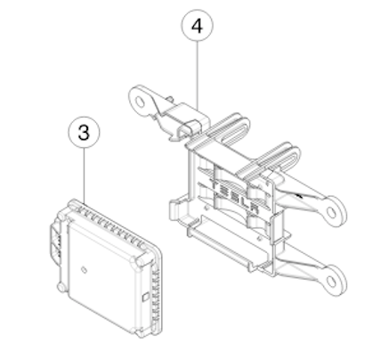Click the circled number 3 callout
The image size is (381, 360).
click(x=84, y=132)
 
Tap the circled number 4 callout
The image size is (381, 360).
click(x=197, y=26)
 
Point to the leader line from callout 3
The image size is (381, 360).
click(x=85, y=176)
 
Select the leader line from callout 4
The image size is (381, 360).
click(x=198, y=75)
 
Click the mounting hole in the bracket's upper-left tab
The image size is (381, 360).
click(x=140, y=102)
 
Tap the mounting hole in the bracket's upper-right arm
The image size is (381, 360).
click(x=331, y=212)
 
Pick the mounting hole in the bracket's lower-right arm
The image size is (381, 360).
click(x=332, y=282)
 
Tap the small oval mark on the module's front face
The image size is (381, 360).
click(x=84, y=270)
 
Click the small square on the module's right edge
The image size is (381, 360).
click(x=145, y=297)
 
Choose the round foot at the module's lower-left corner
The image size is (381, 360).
click(x=61, y=287)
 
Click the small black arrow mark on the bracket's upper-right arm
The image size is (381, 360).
click(x=299, y=195)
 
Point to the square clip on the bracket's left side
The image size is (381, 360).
click(x=175, y=210)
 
